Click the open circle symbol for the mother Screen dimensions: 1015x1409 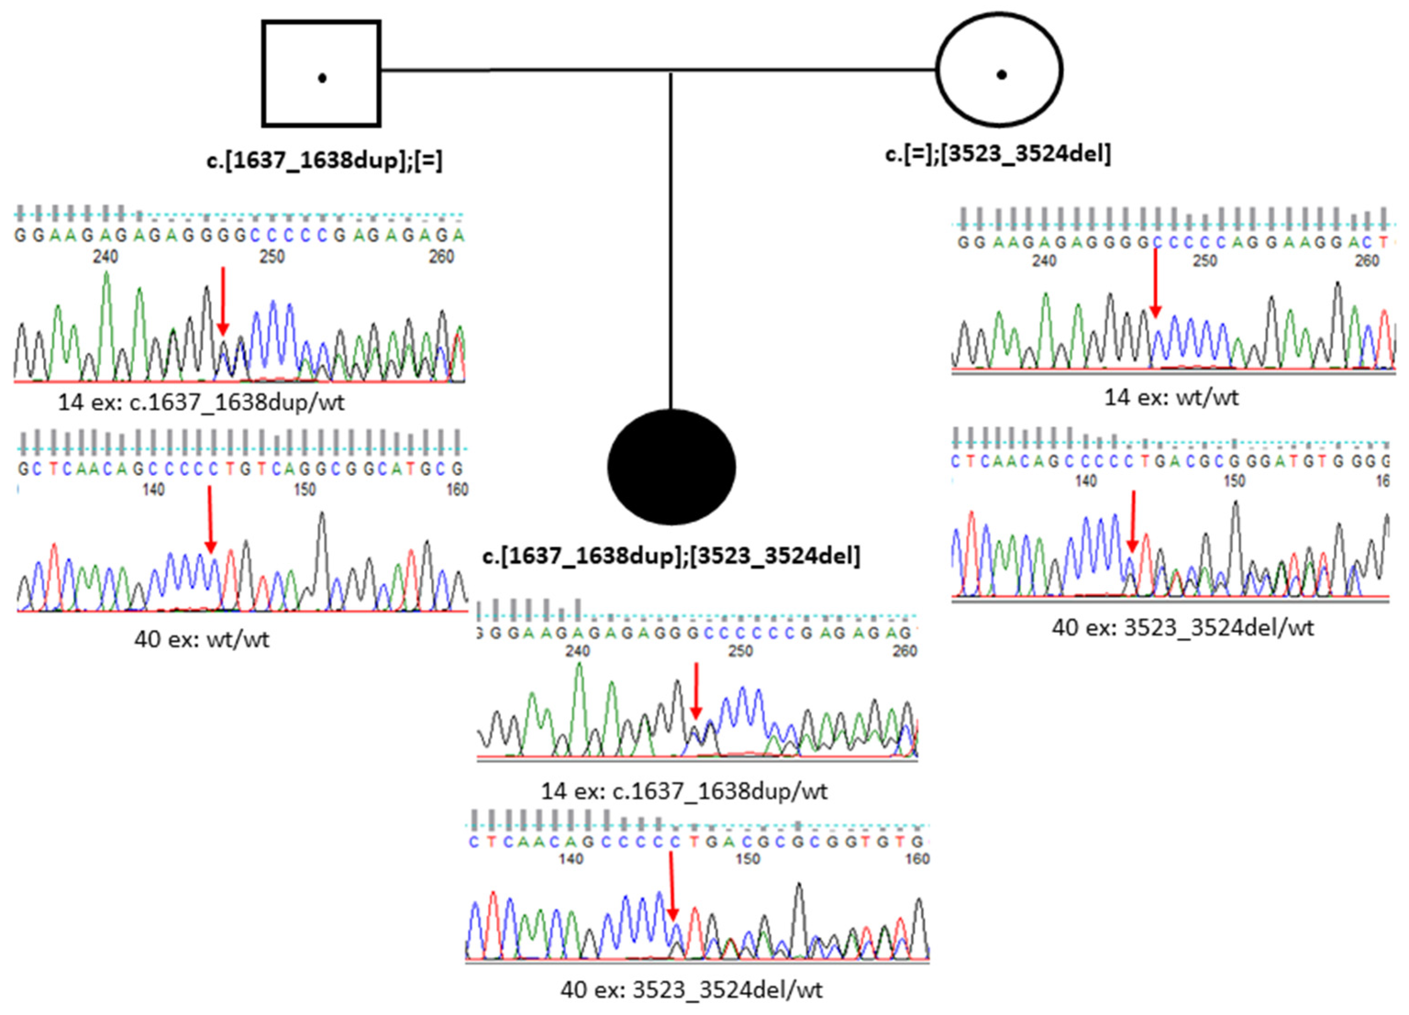tap(999, 70)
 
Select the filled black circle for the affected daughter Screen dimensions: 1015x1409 tap(671, 467)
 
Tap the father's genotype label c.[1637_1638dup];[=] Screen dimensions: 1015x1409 tap(324, 160)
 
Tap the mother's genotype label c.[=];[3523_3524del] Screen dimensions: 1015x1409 tap(998, 153)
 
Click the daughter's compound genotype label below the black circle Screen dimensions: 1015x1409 tap(671, 555)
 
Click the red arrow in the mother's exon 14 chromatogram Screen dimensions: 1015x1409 tap(1155, 283)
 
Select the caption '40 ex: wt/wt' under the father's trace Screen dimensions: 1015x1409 tap(201, 639)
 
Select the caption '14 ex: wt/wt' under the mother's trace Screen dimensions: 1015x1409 tap(1171, 397)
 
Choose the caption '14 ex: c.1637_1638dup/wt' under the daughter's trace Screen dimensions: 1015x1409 tap(684, 791)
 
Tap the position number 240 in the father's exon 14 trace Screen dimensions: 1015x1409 tap(105, 256)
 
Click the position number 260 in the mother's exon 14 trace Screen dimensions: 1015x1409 tap(1366, 261)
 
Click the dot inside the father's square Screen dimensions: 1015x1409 tap(322, 78)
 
